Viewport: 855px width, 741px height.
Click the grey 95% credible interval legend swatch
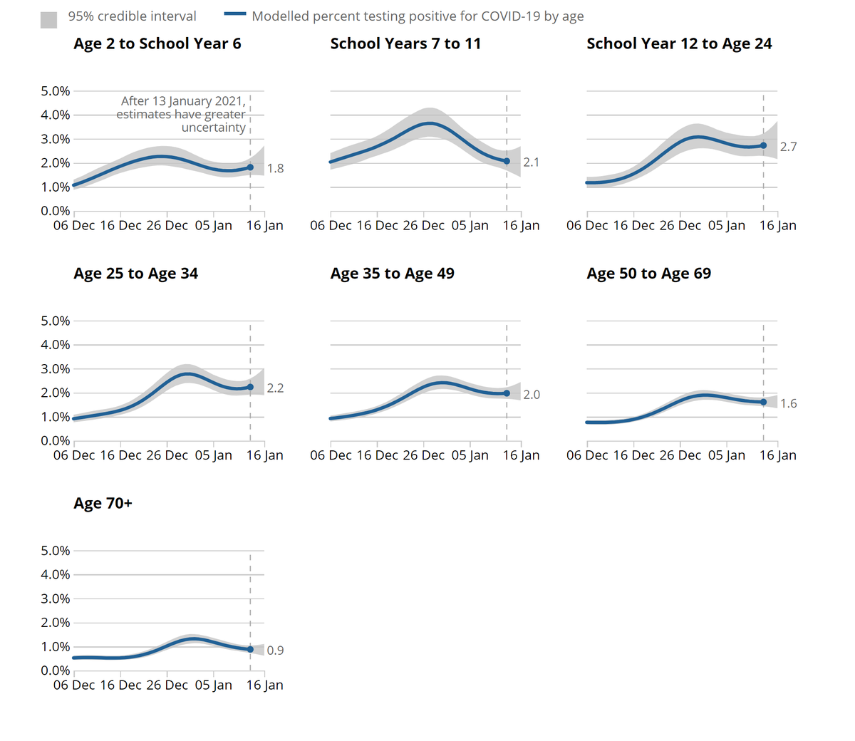[48, 20]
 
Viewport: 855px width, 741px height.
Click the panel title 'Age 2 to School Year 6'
[157, 44]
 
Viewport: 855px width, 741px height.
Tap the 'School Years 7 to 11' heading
[405, 44]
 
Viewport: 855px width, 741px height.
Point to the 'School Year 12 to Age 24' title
[679, 44]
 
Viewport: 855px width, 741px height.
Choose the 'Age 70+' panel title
[103, 504]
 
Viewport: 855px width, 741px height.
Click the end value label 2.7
[788, 147]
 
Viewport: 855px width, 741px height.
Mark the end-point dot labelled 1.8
[250, 167]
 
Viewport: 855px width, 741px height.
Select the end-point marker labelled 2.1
[507, 161]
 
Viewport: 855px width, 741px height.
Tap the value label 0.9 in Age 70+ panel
[275, 651]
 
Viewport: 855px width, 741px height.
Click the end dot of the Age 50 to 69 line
[763, 403]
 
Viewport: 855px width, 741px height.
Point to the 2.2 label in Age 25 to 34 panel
[275, 388]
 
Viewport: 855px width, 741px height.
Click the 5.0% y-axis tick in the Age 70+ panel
[55, 551]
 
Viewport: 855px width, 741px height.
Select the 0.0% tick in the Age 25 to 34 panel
[55, 441]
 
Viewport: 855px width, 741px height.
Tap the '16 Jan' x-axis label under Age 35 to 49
[521, 455]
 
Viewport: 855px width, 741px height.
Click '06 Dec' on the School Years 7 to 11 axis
[331, 226]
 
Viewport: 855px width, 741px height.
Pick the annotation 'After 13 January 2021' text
[182, 101]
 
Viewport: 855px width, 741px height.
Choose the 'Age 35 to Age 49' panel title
[392, 274]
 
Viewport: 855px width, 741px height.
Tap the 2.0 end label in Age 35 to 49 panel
[532, 395]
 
